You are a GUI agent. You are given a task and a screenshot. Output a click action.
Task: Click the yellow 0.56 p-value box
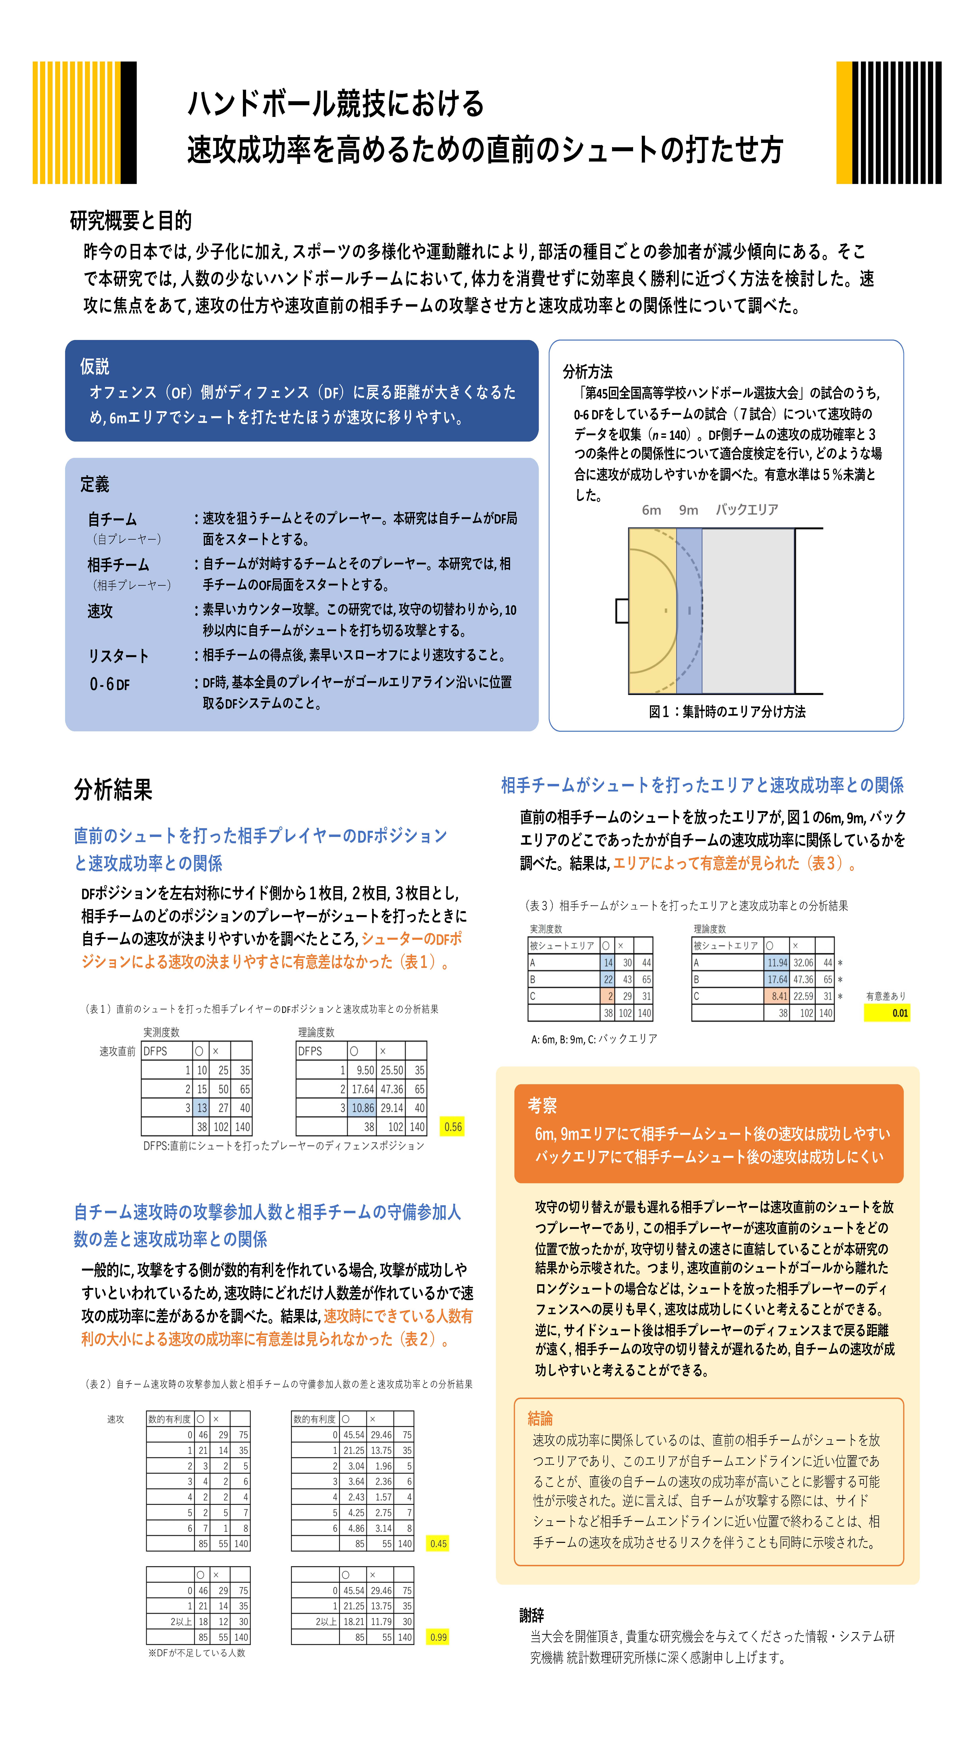[x=452, y=1127]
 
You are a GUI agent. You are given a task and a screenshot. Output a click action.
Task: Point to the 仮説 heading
[x=95, y=366]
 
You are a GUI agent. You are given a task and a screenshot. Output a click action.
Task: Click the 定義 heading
[x=95, y=484]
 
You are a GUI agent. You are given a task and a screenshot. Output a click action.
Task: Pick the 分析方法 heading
[x=587, y=372]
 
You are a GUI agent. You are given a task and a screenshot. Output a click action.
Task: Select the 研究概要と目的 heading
[x=131, y=220]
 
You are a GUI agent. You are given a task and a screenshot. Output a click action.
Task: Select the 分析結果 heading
[x=113, y=790]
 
